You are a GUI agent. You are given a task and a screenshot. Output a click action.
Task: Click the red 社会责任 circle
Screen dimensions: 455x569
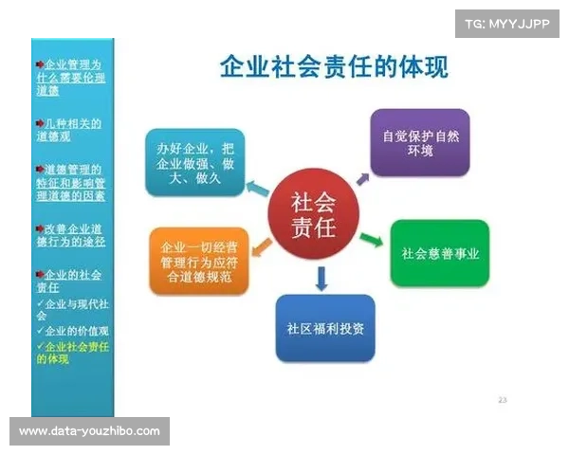[312, 215]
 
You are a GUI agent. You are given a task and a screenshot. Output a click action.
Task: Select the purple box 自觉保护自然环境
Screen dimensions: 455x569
[420, 142]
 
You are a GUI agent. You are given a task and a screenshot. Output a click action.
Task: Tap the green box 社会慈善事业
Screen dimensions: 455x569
[440, 253]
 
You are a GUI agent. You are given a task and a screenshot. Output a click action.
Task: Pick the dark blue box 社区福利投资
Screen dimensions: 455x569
[325, 328]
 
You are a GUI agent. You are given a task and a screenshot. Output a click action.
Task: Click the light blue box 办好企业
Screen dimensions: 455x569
[194, 161]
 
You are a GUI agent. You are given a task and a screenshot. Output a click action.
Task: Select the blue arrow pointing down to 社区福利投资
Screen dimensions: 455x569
[321, 278]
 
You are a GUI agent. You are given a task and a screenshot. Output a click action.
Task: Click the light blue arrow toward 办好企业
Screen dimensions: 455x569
[256, 187]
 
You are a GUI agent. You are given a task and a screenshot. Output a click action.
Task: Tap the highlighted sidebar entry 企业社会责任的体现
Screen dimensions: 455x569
[72, 353]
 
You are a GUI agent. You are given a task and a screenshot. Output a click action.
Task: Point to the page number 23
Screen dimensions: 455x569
[503, 400]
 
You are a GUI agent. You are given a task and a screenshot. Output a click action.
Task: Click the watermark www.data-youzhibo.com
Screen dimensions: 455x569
[90, 431]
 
